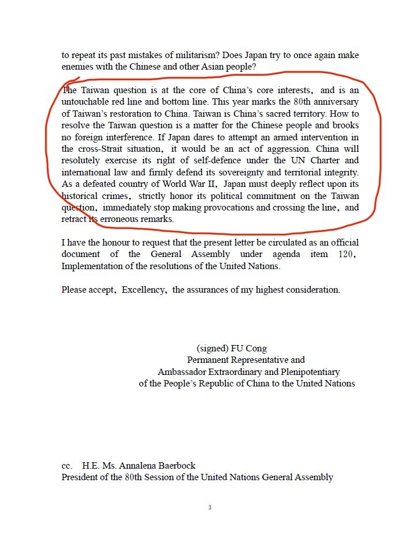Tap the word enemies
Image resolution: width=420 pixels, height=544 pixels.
78,67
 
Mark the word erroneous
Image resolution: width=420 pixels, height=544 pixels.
119,219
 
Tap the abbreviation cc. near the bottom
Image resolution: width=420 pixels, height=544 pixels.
67,466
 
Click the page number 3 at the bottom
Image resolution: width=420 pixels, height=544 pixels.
210,508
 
